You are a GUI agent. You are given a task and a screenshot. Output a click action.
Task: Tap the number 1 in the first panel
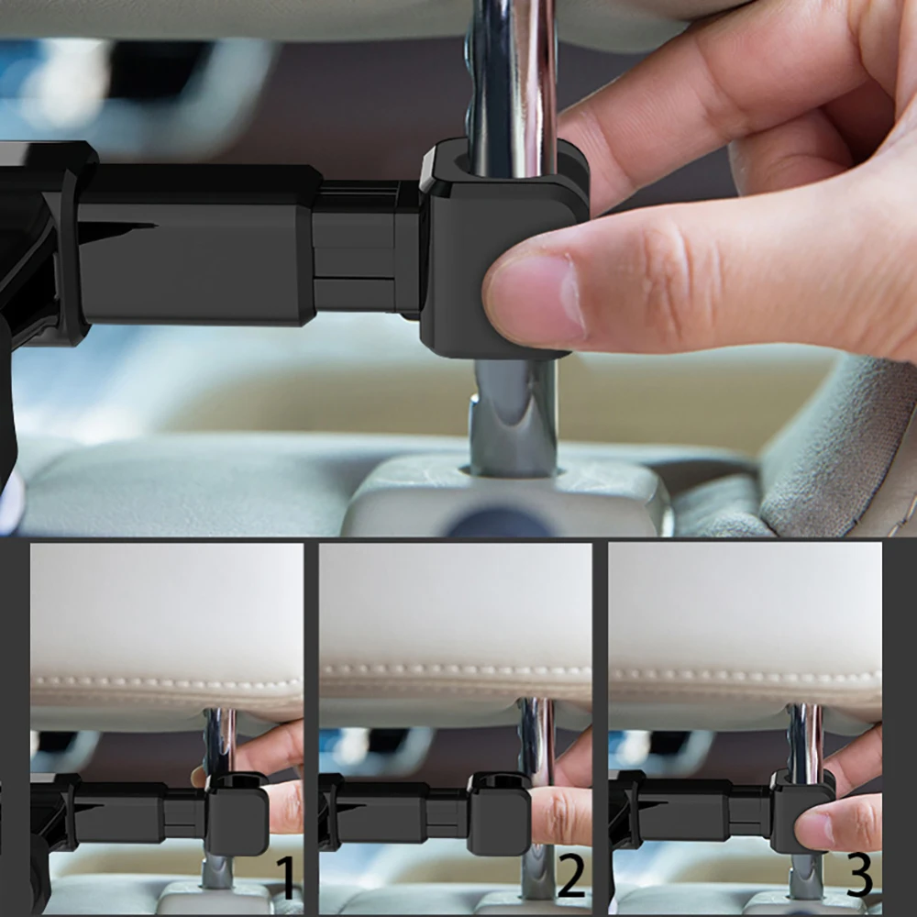pos(285,877)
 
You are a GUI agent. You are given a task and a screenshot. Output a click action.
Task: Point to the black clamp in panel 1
pos(237,813)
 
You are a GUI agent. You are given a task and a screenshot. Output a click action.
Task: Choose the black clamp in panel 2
pos(499,813)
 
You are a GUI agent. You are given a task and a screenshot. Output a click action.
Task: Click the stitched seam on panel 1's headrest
pos(167,682)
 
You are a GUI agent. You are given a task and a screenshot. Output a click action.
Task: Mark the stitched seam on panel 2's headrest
pos(455,669)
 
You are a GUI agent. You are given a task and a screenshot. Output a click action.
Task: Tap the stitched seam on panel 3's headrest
pos(745,677)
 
